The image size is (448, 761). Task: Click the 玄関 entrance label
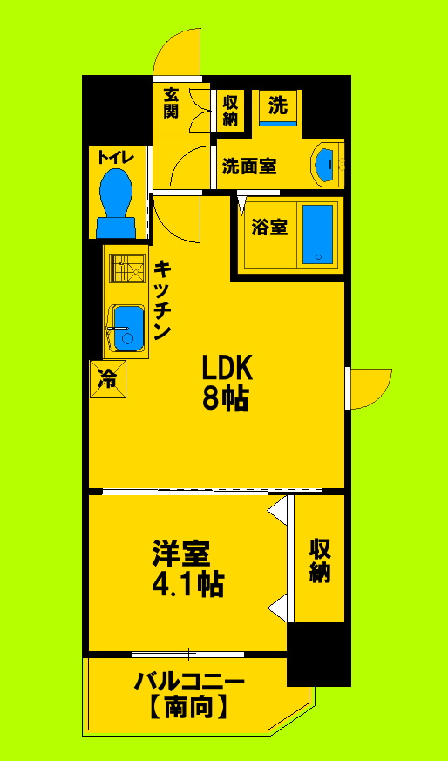coord(171,104)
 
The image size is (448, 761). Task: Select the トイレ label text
coord(115,157)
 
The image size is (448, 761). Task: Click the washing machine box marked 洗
coord(278,108)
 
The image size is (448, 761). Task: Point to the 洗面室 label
coord(249,166)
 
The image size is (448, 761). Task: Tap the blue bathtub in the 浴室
coord(317,233)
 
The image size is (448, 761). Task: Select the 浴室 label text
coord(269,228)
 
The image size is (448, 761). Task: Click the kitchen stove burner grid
coord(126,268)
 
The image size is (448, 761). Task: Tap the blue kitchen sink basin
coord(127,328)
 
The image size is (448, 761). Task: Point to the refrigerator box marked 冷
coord(106,378)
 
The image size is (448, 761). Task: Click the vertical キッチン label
coord(163,300)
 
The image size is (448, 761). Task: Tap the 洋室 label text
coord(181,553)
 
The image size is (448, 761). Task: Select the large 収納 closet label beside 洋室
coord(319,560)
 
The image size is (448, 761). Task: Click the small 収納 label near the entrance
coord(230,111)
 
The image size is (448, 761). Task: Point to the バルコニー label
coord(188,681)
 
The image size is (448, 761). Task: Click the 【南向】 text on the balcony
coord(187,708)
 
